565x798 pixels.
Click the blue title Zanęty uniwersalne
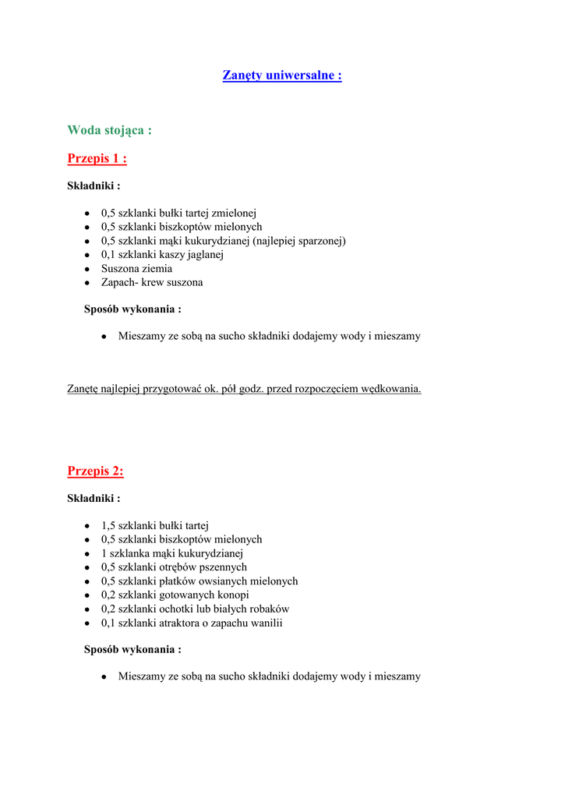[282, 76]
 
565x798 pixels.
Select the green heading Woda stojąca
[109, 130]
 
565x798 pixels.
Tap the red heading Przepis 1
[97, 159]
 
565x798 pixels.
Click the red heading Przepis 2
[95, 471]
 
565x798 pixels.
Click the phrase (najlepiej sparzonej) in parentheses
[299, 241]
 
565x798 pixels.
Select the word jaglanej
[205, 255]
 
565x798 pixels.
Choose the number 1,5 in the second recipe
[108, 525]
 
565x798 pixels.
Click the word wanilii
[265, 623]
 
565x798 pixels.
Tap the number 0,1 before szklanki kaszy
[108, 255]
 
